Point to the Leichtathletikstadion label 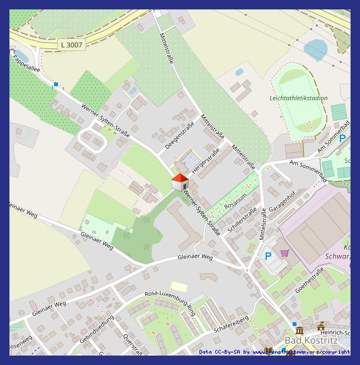point(298,98)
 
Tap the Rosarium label point(236,200)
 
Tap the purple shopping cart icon point(284,253)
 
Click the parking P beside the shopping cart point(268,256)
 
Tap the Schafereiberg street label point(231,324)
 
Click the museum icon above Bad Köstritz point(299,330)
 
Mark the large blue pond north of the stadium point(315,49)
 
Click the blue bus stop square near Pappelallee point(56,84)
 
